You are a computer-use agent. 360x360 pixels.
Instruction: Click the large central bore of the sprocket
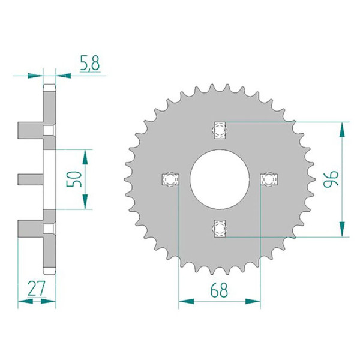pyautogui.click(x=220, y=178)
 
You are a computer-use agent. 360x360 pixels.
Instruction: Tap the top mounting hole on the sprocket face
pyautogui.click(x=220, y=129)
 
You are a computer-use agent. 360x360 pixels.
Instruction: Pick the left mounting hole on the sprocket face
pyautogui.click(x=171, y=179)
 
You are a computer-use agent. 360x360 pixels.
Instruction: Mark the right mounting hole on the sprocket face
pyautogui.click(x=269, y=179)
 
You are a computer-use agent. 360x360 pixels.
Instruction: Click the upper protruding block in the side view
pyautogui.click(x=30, y=129)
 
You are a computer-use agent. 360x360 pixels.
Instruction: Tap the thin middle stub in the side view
pyautogui.click(x=31, y=178)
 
